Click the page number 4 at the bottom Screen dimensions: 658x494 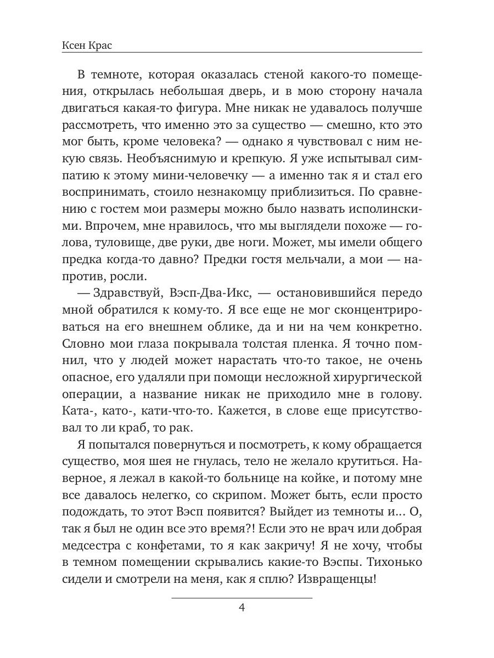[x=242, y=608]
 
